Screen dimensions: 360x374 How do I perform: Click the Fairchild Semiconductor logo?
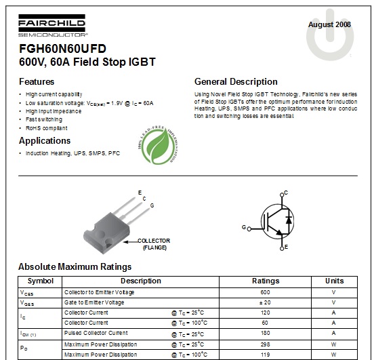(x=53, y=28)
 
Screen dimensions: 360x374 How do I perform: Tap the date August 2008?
(x=329, y=24)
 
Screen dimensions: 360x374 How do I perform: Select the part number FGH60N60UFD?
(x=62, y=49)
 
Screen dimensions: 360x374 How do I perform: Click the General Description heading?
(x=235, y=81)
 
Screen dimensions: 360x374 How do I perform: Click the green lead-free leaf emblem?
(x=161, y=146)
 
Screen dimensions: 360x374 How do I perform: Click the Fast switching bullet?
(x=44, y=119)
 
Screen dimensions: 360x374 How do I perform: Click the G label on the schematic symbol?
(x=244, y=227)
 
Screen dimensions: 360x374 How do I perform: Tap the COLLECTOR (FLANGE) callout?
(x=154, y=244)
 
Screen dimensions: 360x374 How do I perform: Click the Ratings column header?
(x=265, y=281)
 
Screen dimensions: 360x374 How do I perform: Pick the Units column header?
(x=334, y=281)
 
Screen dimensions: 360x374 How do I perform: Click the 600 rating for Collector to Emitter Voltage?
(x=265, y=292)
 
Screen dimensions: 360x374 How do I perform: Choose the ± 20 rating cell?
(x=265, y=302)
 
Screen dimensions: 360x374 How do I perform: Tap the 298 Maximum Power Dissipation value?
(x=265, y=344)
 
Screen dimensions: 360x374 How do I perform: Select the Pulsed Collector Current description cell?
(x=96, y=334)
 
